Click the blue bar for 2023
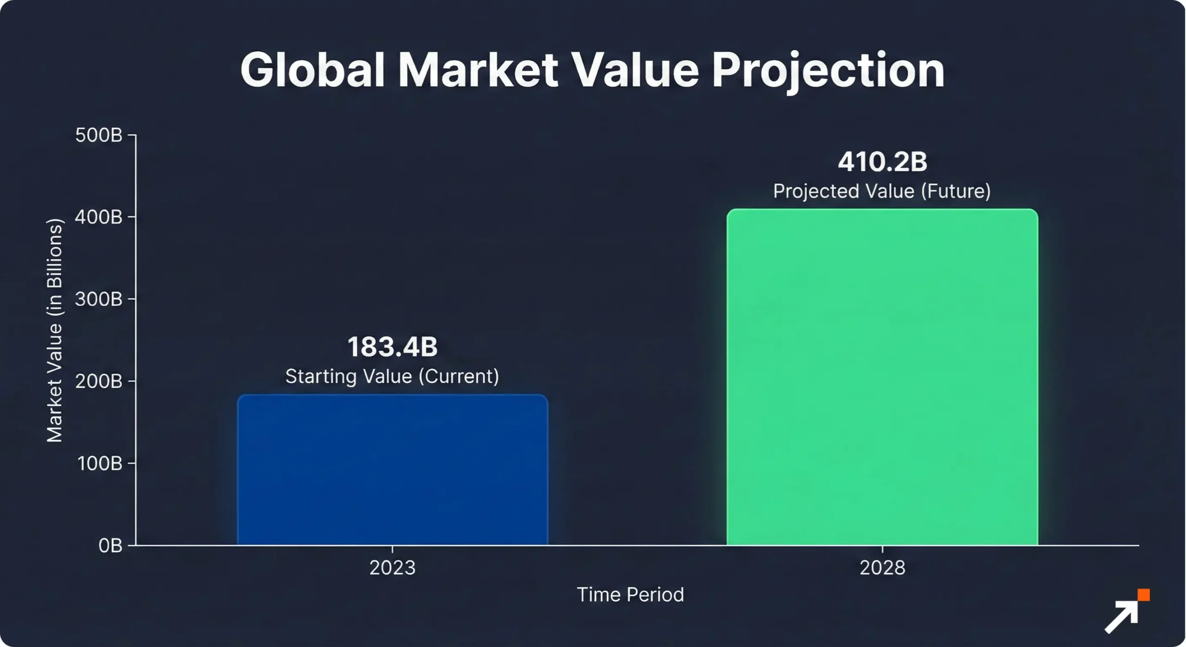click(x=392, y=469)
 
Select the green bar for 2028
click(x=882, y=377)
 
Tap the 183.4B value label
click(x=392, y=347)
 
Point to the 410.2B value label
click(x=882, y=162)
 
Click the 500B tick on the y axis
click(x=99, y=135)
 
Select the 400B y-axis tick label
click(x=99, y=217)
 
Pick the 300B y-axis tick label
click(x=99, y=299)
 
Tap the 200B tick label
click(x=99, y=381)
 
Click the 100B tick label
click(x=100, y=463)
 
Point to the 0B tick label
click(x=110, y=546)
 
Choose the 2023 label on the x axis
click(x=392, y=568)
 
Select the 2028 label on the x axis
click(x=882, y=568)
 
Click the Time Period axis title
click(x=630, y=595)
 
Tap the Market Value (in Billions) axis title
click(x=55, y=330)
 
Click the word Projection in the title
click(x=828, y=70)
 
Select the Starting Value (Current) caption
click(x=392, y=376)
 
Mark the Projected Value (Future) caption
click(x=882, y=191)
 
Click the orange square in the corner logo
click(x=1143, y=595)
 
